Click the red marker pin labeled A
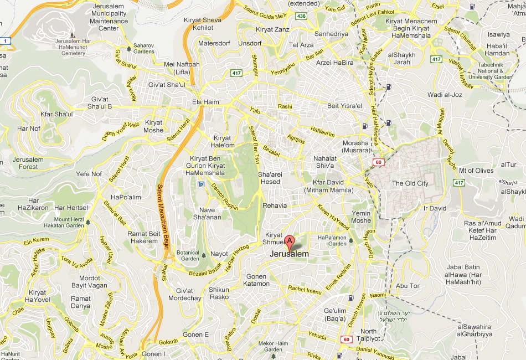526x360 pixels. [289, 242]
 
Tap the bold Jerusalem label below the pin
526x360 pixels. [289, 254]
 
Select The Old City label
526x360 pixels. [410, 183]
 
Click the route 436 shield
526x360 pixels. [301, 17]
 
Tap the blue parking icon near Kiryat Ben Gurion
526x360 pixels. [201, 184]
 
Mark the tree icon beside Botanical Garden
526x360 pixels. [204, 255]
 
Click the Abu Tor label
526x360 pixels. [409, 286]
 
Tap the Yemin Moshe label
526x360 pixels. [361, 217]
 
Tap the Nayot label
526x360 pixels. [219, 254]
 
